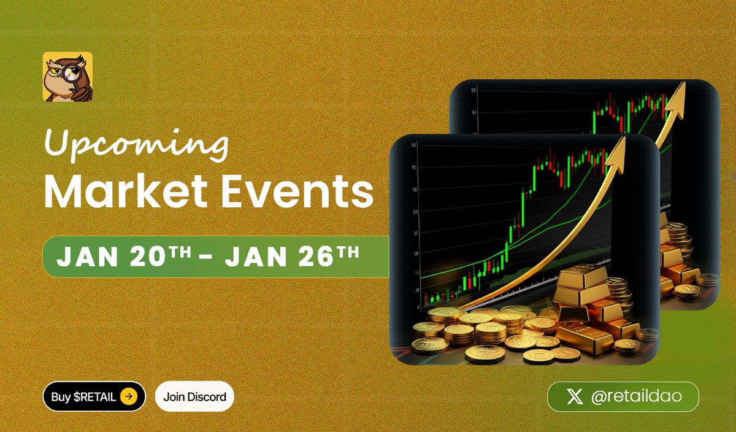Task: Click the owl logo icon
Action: (x=67, y=77)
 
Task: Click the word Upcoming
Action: (x=137, y=146)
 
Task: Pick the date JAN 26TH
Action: (x=292, y=256)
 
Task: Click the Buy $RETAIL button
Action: (x=94, y=396)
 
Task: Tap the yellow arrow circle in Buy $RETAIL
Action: (x=128, y=396)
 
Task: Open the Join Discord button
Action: (x=194, y=396)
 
